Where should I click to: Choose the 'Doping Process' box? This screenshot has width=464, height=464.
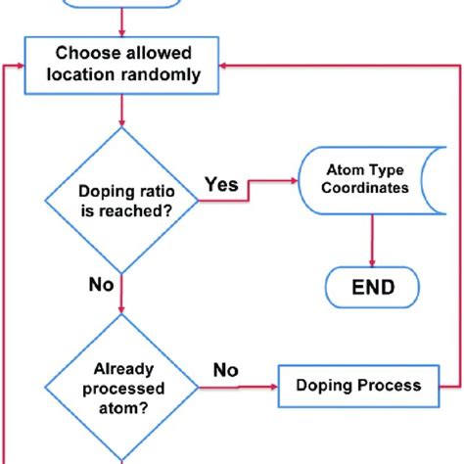(x=359, y=385)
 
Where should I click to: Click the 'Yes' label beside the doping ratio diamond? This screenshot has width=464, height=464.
(x=222, y=182)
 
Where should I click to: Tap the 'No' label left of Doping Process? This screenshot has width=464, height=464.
(x=227, y=369)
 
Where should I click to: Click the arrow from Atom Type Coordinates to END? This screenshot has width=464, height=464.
(x=372, y=239)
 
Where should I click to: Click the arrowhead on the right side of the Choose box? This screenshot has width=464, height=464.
(x=225, y=64)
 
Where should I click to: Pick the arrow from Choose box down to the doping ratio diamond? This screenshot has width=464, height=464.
(x=120, y=110)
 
